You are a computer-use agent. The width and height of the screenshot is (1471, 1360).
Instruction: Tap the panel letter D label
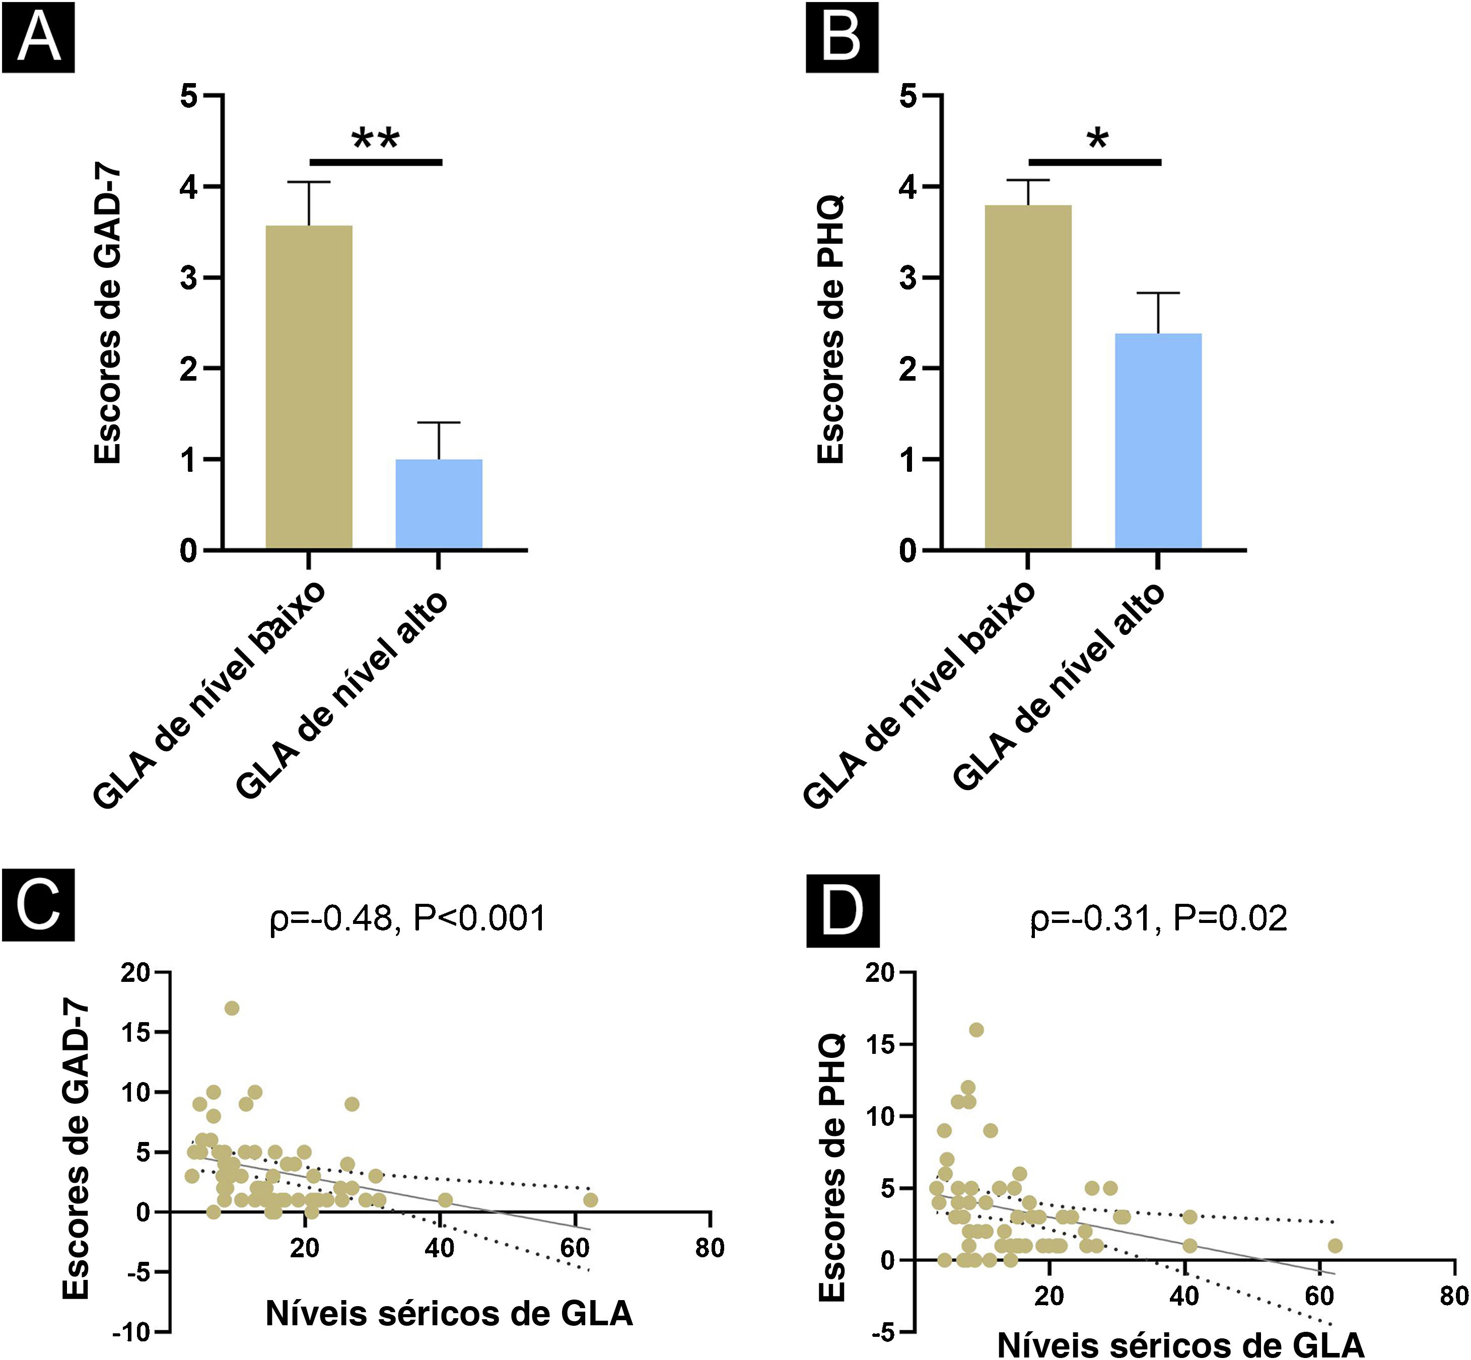[843, 911]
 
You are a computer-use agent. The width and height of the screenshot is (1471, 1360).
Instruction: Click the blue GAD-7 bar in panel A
[439, 505]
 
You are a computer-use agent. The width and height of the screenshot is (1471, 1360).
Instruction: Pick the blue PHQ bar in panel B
[1158, 442]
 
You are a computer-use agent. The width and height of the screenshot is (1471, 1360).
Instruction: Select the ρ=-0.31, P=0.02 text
[1158, 918]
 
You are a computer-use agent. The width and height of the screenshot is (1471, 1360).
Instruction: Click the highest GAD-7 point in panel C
[232, 1008]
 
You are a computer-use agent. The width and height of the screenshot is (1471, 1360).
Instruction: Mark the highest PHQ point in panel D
[976, 1030]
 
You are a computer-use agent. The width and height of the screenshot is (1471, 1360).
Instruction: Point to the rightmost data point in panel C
[590, 1200]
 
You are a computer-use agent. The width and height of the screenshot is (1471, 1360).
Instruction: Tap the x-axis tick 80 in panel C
[710, 1248]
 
